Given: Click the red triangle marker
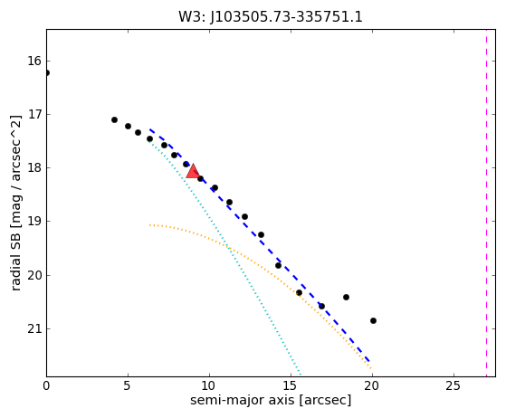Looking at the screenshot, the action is click(x=193, y=171).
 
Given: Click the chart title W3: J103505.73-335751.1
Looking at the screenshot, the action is click(x=271, y=17).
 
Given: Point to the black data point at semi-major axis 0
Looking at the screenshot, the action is click(x=47, y=73).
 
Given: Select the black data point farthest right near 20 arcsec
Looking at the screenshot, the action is click(x=373, y=320).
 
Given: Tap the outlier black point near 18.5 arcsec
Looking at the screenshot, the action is click(x=347, y=297).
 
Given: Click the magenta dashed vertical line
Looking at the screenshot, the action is click(x=486, y=203).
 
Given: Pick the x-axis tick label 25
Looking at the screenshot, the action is click(x=453, y=385).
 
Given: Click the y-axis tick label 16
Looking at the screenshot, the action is click(x=35, y=61).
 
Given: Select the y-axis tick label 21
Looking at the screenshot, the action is click(x=35, y=328).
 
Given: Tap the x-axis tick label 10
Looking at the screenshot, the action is click(x=209, y=385).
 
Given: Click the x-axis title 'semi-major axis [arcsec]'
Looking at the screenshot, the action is click(x=271, y=400).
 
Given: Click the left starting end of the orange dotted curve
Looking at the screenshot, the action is click(x=150, y=224).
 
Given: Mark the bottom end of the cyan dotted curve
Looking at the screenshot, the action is click(x=301, y=375).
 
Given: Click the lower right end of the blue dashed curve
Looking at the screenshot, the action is click(x=369, y=362).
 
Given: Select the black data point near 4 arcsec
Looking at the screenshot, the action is click(x=114, y=120).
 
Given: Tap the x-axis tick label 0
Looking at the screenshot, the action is click(x=46, y=385).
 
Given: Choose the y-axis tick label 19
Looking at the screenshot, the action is click(x=35, y=222).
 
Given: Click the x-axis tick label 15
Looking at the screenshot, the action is click(x=291, y=385).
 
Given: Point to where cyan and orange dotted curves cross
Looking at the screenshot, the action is click(x=228, y=247).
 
